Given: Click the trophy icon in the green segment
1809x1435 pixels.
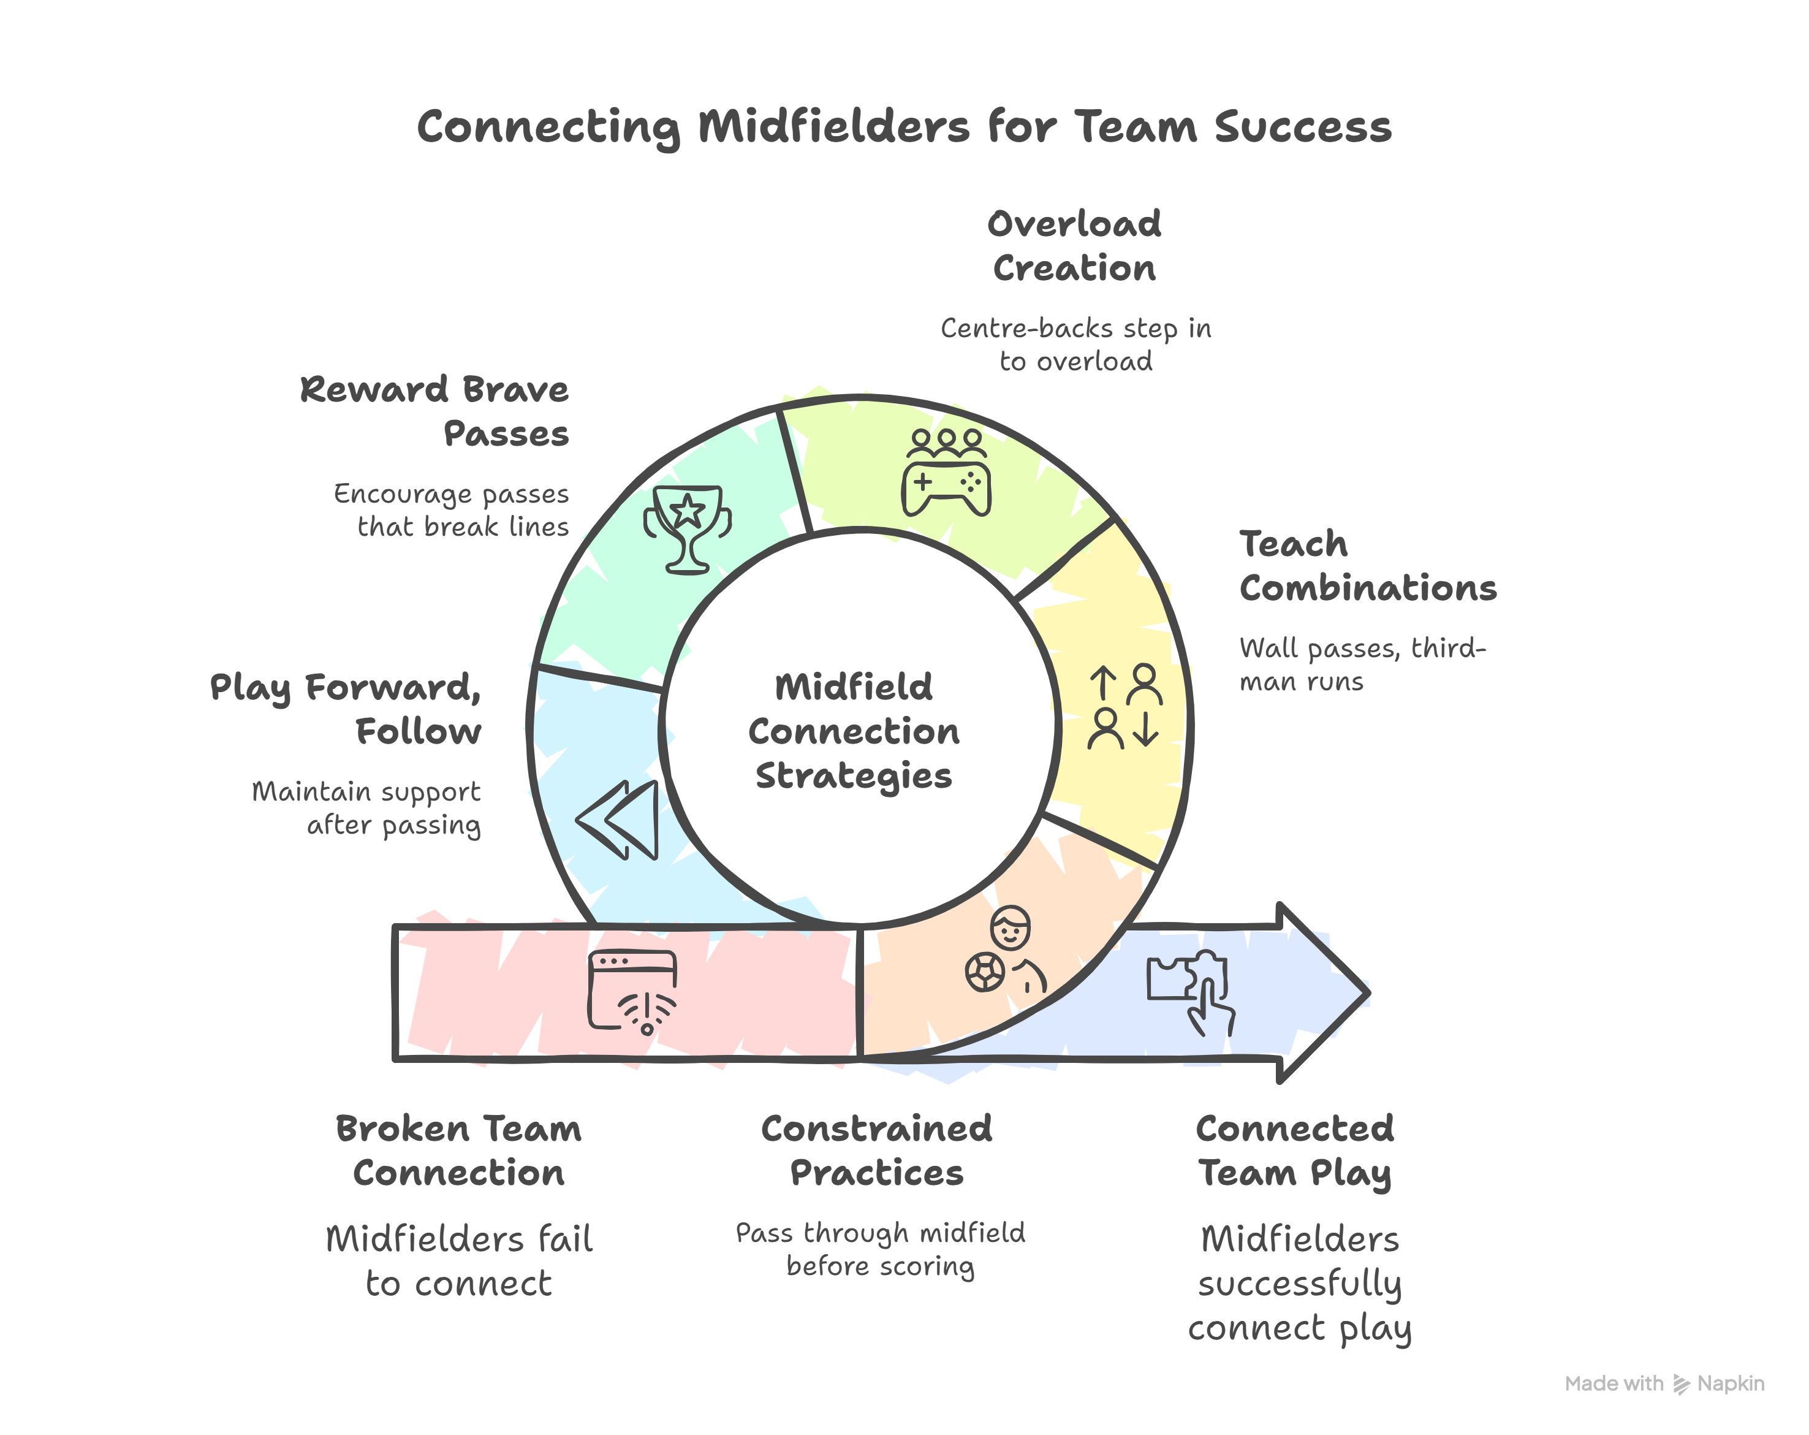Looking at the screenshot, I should click(x=687, y=528).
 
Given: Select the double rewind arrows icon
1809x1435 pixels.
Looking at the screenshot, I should click(x=618, y=820).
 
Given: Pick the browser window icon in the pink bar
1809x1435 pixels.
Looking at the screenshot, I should click(x=632, y=990).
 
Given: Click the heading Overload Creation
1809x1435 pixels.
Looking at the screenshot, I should click(x=1074, y=246).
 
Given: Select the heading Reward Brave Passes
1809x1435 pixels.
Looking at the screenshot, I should click(x=434, y=411).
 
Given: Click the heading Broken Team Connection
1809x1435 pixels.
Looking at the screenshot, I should click(x=459, y=1151).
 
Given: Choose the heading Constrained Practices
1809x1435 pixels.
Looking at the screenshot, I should click(x=877, y=1151).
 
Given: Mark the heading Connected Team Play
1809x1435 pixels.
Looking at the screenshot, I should click(x=1295, y=1151).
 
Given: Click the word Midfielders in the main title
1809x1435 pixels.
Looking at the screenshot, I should click(x=833, y=128).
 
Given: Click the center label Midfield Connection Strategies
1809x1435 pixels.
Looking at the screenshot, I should click(x=854, y=731).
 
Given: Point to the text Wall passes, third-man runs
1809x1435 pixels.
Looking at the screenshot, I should click(x=1362, y=664).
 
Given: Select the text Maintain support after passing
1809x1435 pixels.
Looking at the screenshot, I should click(x=366, y=808).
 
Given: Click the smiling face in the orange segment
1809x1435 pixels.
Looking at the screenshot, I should click(x=1011, y=927).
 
